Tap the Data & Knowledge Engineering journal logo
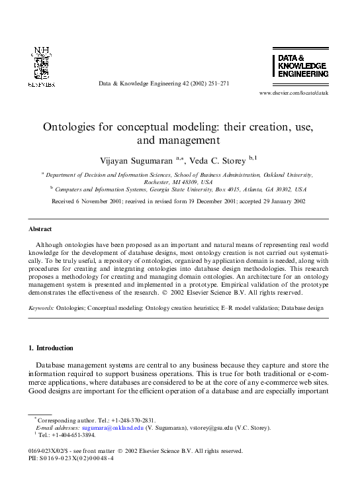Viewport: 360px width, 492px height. [300, 66]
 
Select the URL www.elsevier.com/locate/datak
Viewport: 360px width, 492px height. [293, 93]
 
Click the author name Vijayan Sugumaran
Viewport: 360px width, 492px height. [137, 160]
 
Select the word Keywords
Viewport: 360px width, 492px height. [41, 308]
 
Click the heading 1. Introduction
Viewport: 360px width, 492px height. [51, 348]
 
